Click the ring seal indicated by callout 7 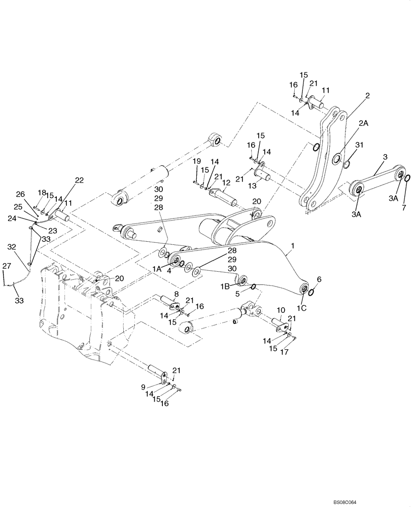pyautogui.click(x=407, y=177)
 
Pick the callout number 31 pyautogui.click(x=359, y=146)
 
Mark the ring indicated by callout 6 pyautogui.click(x=314, y=292)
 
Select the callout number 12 pyautogui.click(x=227, y=182)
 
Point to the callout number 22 pyautogui.click(x=79, y=179)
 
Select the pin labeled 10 pyautogui.click(x=280, y=322)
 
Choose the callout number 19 pyautogui.click(x=195, y=161)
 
